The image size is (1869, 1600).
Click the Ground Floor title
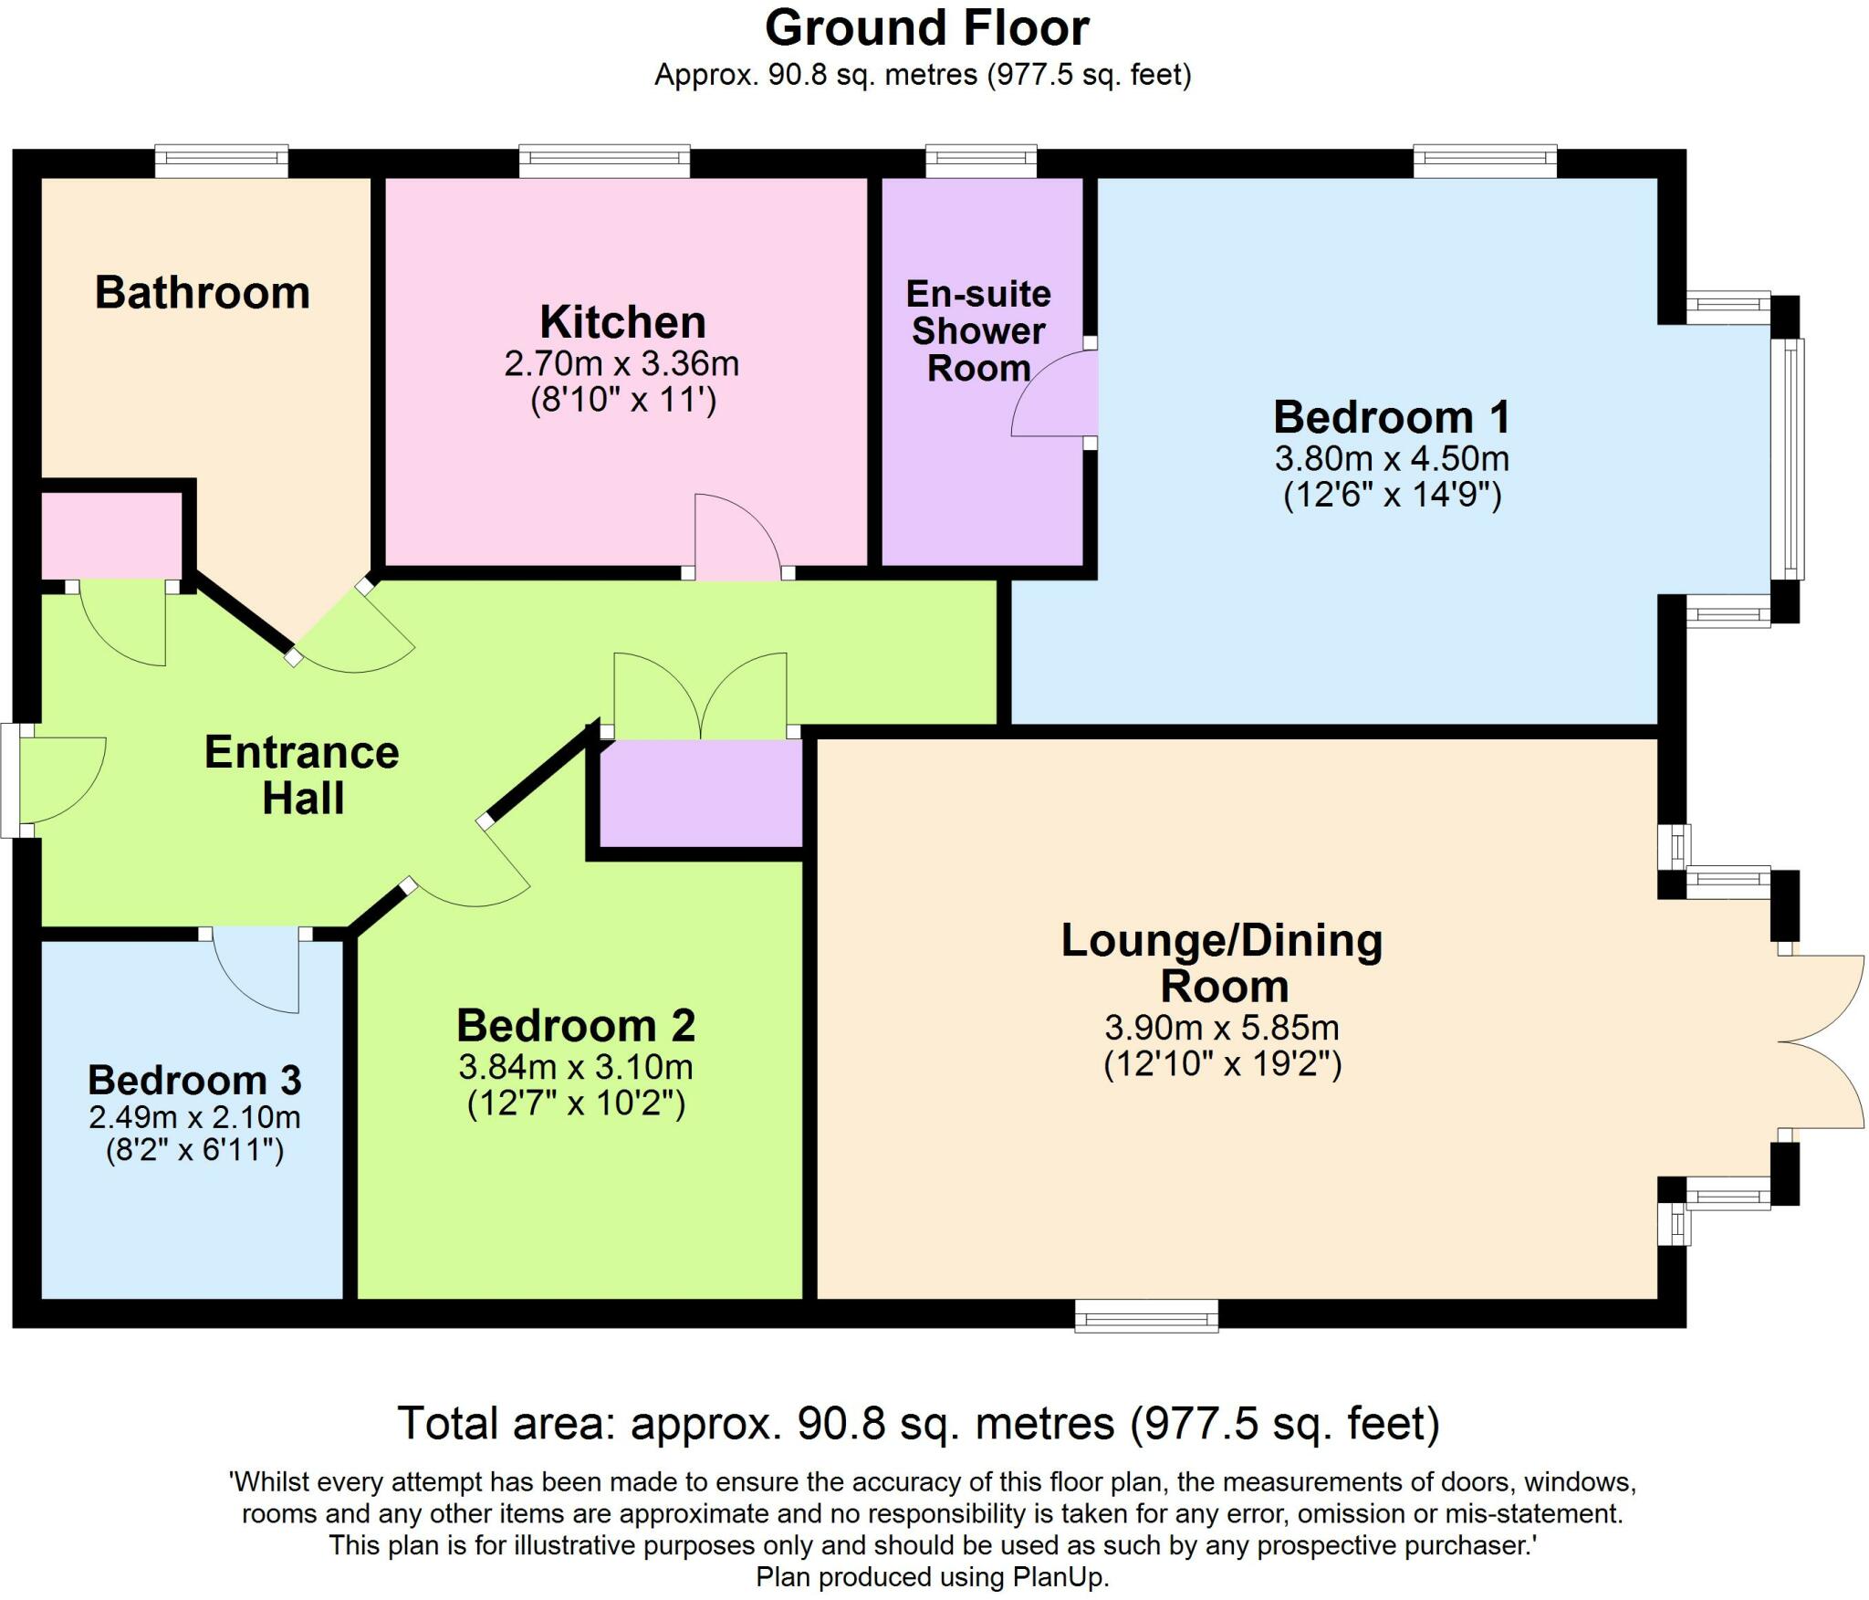pos(926,28)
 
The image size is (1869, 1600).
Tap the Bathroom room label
pos(203,293)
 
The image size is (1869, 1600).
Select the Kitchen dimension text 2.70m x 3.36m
pos(621,363)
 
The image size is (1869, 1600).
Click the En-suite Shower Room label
pos(978,330)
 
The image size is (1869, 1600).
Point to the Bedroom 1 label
pos(1393,417)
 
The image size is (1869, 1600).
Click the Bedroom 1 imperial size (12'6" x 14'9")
pos(1393,494)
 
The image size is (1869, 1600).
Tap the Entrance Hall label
pos(302,775)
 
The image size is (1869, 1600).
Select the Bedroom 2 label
pos(576,1025)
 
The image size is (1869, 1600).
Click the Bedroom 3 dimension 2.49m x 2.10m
pos(194,1116)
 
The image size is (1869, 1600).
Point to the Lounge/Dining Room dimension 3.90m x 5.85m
pos(1222,1028)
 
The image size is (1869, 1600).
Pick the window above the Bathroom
pos(222,162)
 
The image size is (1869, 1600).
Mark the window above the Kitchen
pos(604,162)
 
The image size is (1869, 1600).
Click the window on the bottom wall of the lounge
pos(1146,1315)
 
